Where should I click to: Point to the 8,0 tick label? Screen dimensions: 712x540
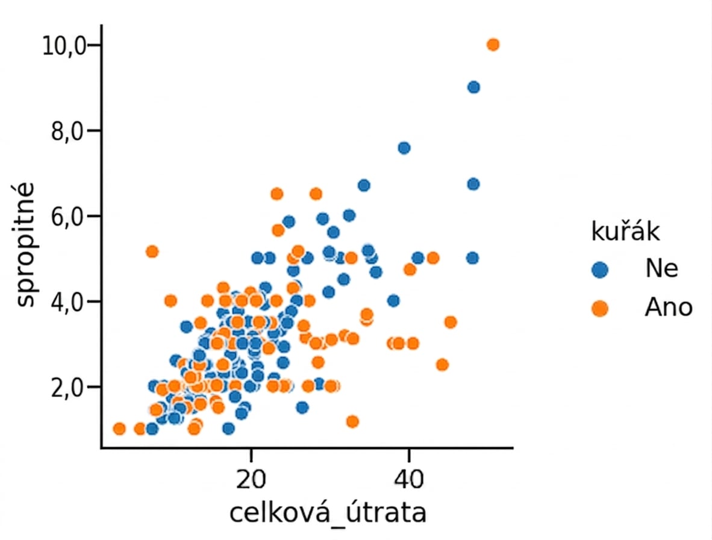pos(69,131)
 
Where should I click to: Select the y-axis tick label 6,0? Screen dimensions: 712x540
pos(69,216)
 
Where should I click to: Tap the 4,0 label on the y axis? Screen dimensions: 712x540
pos(69,301)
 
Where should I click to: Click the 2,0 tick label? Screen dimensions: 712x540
pos(69,388)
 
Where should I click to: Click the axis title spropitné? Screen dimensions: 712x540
pos(25,245)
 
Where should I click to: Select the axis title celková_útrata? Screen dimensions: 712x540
pos(328,513)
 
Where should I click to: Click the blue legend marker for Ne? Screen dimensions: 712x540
pos(600,270)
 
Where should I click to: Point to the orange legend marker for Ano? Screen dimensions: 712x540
pos(600,309)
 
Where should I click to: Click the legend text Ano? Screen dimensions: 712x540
pos(669,307)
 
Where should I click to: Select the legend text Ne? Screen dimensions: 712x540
pos(661,268)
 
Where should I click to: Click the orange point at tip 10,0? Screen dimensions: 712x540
pos(493,45)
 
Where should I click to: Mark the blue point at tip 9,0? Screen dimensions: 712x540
pos(473,87)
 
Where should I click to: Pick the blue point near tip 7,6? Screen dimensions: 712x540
pos(404,148)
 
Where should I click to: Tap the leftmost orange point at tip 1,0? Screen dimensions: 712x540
pos(119,429)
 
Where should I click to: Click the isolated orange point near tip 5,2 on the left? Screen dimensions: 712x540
pos(152,251)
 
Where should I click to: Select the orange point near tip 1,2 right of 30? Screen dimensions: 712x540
pos(352,421)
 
